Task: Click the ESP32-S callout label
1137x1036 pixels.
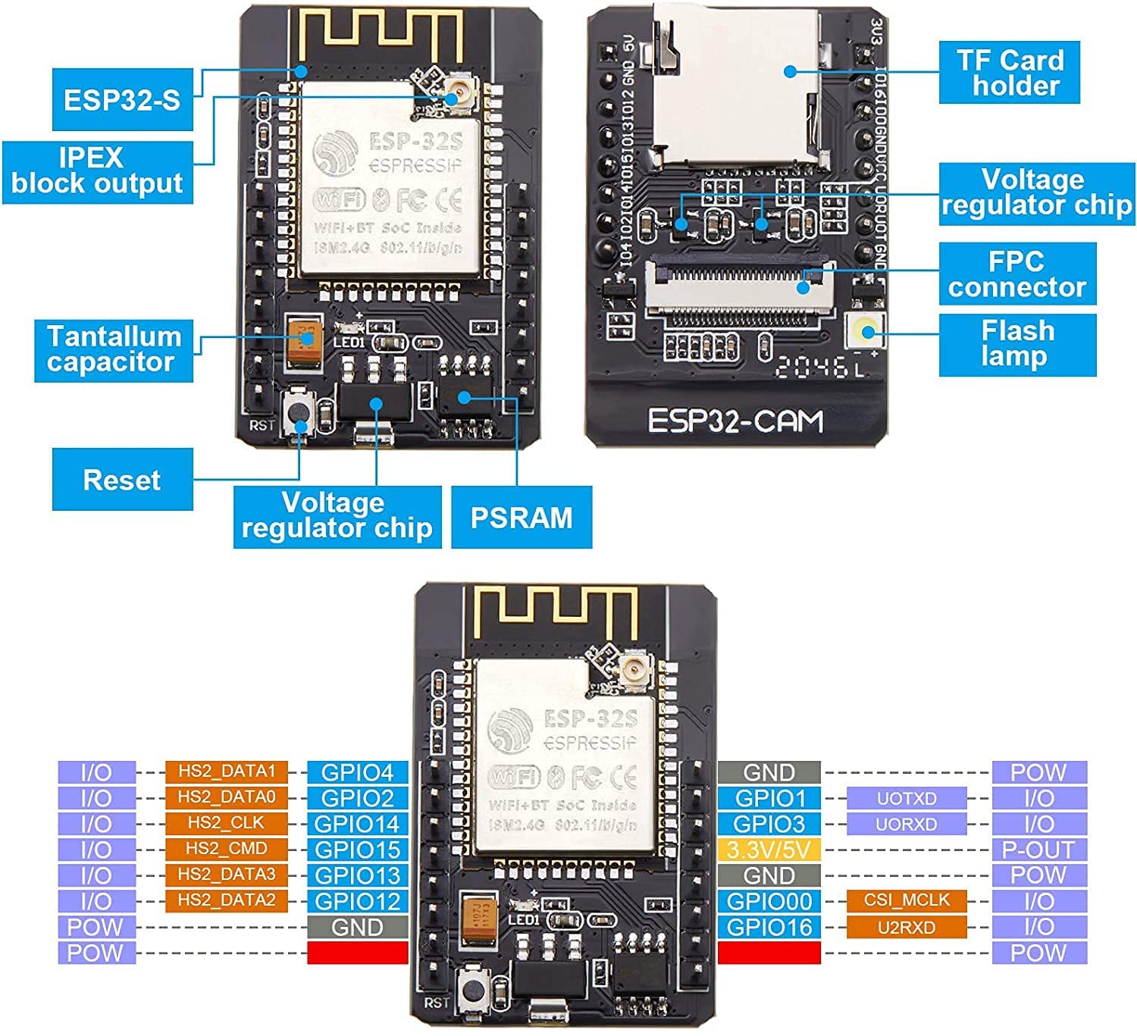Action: (x=122, y=99)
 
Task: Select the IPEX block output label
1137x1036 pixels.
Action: (x=97, y=171)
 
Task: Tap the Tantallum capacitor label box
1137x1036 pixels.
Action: (x=114, y=349)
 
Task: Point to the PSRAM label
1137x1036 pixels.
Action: (x=522, y=517)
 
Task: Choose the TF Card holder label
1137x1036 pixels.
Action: (x=1009, y=73)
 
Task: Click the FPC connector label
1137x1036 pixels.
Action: (x=1017, y=274)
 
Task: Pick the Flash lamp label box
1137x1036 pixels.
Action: (x=1017, y=344)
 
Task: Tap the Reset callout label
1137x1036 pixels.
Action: (x=122, y=479)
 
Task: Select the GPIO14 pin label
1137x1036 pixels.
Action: (x=357, y=824)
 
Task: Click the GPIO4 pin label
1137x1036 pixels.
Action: (x=357, y=772)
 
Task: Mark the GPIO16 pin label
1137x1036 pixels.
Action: (x=769, y=927)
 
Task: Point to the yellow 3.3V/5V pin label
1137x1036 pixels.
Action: (x=769, y=850)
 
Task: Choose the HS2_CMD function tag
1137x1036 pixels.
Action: (x=227, y=849)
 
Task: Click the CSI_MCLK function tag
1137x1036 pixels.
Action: (x=907, y=900)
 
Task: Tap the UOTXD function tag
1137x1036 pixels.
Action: (x=907, y=798)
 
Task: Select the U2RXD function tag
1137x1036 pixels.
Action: (x=907, y=927)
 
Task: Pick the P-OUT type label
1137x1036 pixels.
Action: (x=1038, y=850)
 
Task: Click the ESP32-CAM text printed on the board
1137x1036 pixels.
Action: (x=735, y=421)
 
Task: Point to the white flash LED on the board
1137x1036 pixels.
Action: (x=865, y=331)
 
